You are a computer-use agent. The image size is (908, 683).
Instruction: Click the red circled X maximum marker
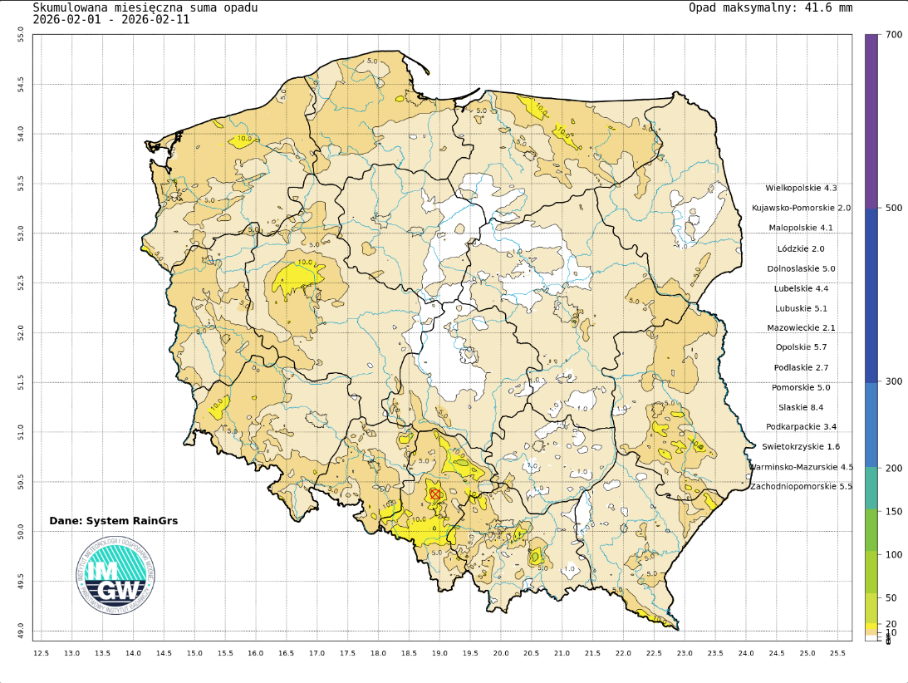(434, 494)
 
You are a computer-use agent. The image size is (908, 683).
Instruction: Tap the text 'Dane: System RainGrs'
(114, 521)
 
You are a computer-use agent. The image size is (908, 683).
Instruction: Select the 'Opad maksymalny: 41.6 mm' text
(770, 7)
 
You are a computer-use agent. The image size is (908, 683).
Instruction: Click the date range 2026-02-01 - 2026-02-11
(110, 20)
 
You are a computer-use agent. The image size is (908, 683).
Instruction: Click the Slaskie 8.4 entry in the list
(801, 407)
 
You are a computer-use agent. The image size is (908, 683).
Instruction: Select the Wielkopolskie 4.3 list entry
(801, 188)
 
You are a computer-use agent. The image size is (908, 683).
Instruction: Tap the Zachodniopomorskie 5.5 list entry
(801, 486)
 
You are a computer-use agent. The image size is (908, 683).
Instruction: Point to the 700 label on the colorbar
(894, 34)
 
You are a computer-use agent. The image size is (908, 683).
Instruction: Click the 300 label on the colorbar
(894, 381)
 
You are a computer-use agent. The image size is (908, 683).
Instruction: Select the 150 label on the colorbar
(894, 511)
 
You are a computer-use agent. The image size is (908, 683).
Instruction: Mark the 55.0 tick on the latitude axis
(21, 34)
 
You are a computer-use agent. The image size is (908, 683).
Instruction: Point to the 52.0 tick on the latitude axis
(21, 332)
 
